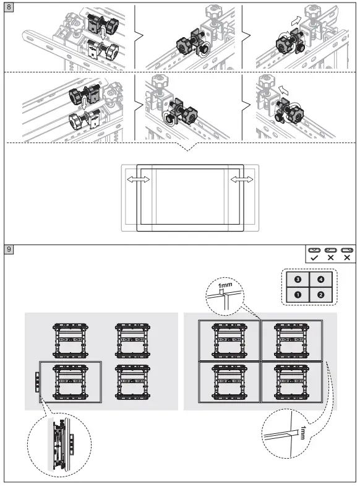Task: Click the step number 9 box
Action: point(8,249)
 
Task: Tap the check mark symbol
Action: point(315,257)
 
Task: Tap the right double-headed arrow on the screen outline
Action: point(242,179)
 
